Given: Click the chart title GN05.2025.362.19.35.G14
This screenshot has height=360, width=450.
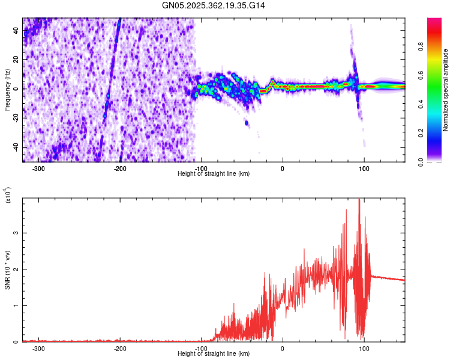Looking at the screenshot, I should click(214, 5).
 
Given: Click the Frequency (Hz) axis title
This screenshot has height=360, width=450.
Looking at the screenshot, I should click(7, 89).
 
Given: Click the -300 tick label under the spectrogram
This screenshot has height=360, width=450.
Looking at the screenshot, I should click(39, 169).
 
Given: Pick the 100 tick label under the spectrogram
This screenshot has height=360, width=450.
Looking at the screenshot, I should click(364, 169).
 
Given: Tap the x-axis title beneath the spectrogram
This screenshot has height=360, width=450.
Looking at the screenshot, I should click(214, 174).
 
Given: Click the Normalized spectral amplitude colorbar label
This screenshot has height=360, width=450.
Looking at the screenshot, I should click(446, 90).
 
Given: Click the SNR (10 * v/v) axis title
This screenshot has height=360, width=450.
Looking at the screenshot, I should click(7, 269).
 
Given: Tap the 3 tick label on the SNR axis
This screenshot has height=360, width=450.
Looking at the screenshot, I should click(17, 233).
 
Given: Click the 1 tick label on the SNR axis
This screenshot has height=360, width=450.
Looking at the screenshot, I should click(17, 305).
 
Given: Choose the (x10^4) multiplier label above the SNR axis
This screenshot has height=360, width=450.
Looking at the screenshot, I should click(8, 195).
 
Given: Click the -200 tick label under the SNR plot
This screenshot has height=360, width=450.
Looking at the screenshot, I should click(120, 349).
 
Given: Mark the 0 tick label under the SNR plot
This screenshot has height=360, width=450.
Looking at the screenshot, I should click(283, 349).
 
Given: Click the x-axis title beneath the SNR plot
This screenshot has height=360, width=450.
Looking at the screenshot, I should click(214, 354).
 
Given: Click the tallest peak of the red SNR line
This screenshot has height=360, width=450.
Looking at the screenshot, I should click(359, 200).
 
